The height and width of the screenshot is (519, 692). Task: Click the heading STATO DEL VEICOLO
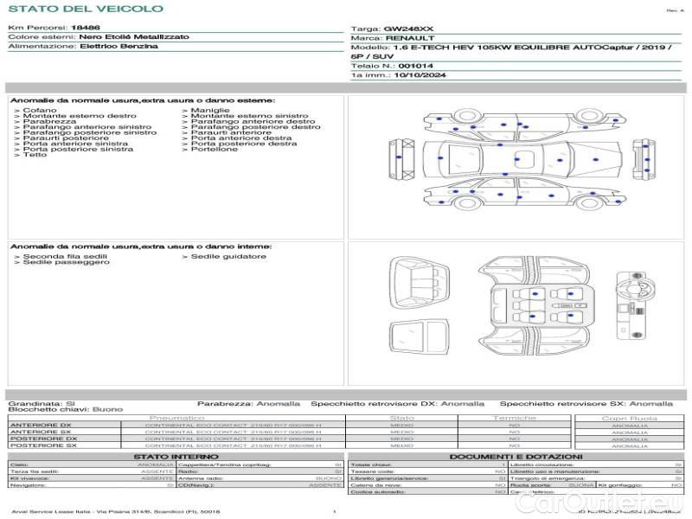click(86, 9)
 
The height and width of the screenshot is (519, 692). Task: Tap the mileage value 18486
click(84, 28)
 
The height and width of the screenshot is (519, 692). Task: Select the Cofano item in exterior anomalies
click(40, 111)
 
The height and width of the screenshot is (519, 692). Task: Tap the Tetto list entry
click(35, 155)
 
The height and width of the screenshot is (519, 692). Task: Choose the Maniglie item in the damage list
click(209, 111)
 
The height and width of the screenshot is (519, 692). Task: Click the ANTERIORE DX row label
click(41, 426)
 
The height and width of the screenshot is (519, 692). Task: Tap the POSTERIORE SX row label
click(42, 446)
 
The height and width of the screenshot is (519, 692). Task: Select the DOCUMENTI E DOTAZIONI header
click(516, 456)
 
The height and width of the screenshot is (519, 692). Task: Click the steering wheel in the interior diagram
click(630, 285)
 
